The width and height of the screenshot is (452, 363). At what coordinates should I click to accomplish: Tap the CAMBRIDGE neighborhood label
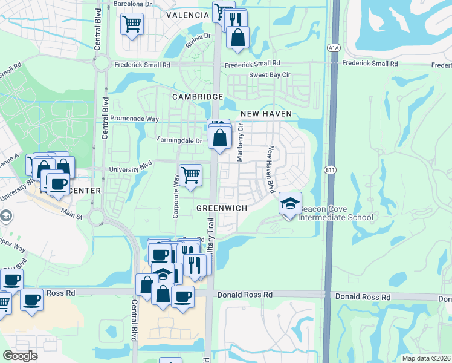pos(198,97)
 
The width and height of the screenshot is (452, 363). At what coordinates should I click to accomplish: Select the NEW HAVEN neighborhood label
pos(266,114)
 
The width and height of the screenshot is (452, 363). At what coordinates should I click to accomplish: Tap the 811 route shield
pos(329,169)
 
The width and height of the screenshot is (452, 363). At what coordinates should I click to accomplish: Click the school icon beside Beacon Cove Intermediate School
pos(290,203)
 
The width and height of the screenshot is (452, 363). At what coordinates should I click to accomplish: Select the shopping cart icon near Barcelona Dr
pos(132,24)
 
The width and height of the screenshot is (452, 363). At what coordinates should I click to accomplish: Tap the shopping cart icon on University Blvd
pos(190,175)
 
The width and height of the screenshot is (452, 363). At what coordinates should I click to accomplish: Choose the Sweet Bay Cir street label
pos(270,75)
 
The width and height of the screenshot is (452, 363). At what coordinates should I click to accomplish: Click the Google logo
pos(21,356)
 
